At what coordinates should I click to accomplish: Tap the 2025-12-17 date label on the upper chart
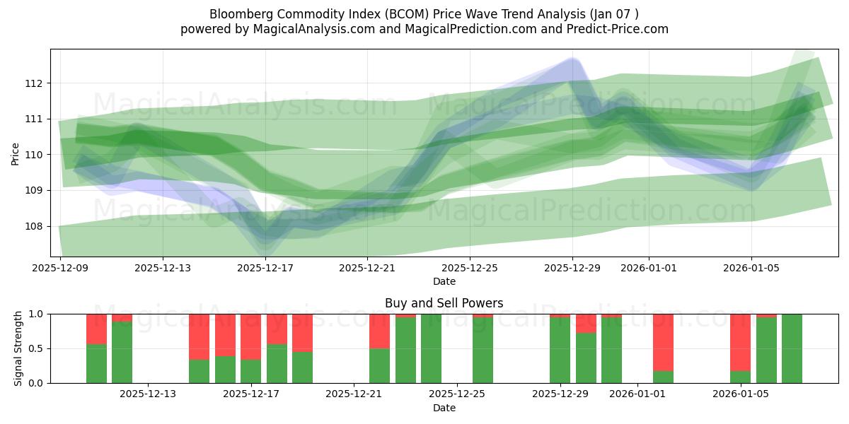pos(265,268)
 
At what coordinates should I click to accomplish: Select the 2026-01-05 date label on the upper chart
pos(751,268)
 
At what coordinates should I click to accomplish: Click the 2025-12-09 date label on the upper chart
pos(60,268)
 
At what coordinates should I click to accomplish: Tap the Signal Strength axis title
pos(18,348)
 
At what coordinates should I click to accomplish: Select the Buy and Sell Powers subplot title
pos(444,303)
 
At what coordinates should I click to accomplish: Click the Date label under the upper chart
pos(444,281)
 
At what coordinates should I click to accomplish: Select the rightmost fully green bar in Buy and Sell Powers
pos(792,348)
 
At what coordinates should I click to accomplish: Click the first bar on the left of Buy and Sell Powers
pos(96,348)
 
